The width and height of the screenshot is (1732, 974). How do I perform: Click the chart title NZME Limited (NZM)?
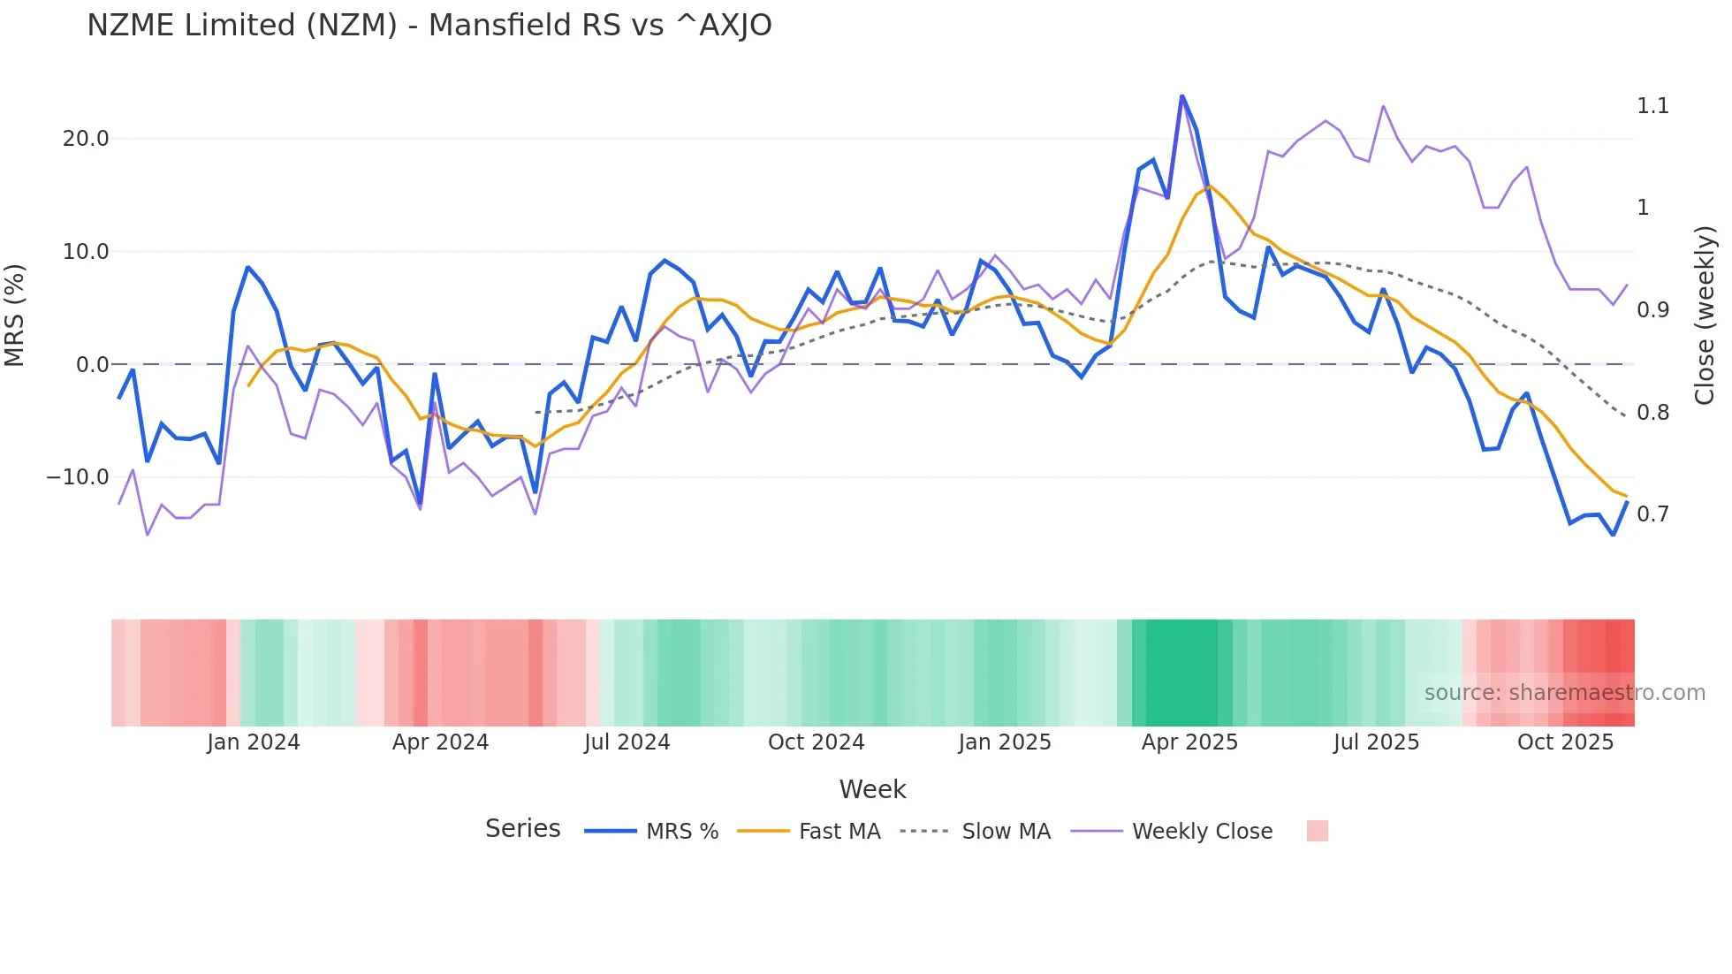click(x=429, y=26)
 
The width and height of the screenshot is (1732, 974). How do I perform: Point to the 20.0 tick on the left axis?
click(x=86, y=139)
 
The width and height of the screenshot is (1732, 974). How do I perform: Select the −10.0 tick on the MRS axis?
click(x=78, y=477)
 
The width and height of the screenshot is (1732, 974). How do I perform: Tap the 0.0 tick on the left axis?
click(x=92, y=364)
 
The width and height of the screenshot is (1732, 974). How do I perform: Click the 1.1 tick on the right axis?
click(x=1652, y=106)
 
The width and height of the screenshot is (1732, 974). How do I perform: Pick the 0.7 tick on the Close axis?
click(x=1652, y=514)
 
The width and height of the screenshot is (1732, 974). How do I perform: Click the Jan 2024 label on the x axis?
click(x=254, y=742)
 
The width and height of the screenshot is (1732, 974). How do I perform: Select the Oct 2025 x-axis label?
click(x=1565, y=742)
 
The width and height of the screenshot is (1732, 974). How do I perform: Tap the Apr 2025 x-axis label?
click(x=1189, y=742)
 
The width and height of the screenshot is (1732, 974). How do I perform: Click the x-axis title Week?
click(x=872, y=789)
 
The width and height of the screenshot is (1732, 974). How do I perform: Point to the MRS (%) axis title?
click(x=15, y=315)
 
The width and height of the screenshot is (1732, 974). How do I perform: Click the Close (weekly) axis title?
click(x=1705, y=315)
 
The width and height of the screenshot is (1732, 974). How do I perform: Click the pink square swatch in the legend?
click(x=1317, y=831)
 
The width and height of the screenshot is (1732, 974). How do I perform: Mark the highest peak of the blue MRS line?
click(x=1181, y=95)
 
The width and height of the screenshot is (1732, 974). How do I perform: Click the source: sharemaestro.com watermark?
click(x=1564, y=693)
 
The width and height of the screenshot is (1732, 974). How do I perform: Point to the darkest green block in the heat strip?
click(x=1181, y=673)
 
